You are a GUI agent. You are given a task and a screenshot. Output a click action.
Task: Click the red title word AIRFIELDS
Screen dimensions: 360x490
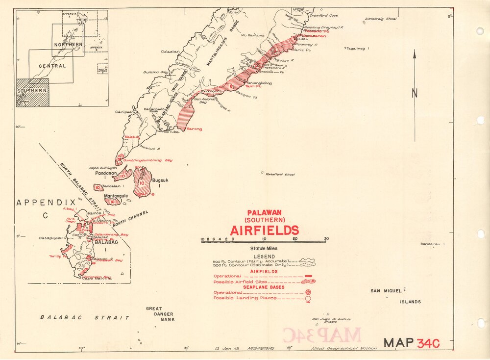(x=265, y=230)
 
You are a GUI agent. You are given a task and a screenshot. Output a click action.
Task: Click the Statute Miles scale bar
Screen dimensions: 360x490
(x=264, y=240)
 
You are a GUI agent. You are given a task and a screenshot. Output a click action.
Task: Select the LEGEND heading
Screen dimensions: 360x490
(x=264, y=257)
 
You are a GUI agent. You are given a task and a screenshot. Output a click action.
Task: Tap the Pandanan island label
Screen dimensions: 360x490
(x=104, y=174)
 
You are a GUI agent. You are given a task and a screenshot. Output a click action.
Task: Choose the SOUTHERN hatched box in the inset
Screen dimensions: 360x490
(x=32, y=92)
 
